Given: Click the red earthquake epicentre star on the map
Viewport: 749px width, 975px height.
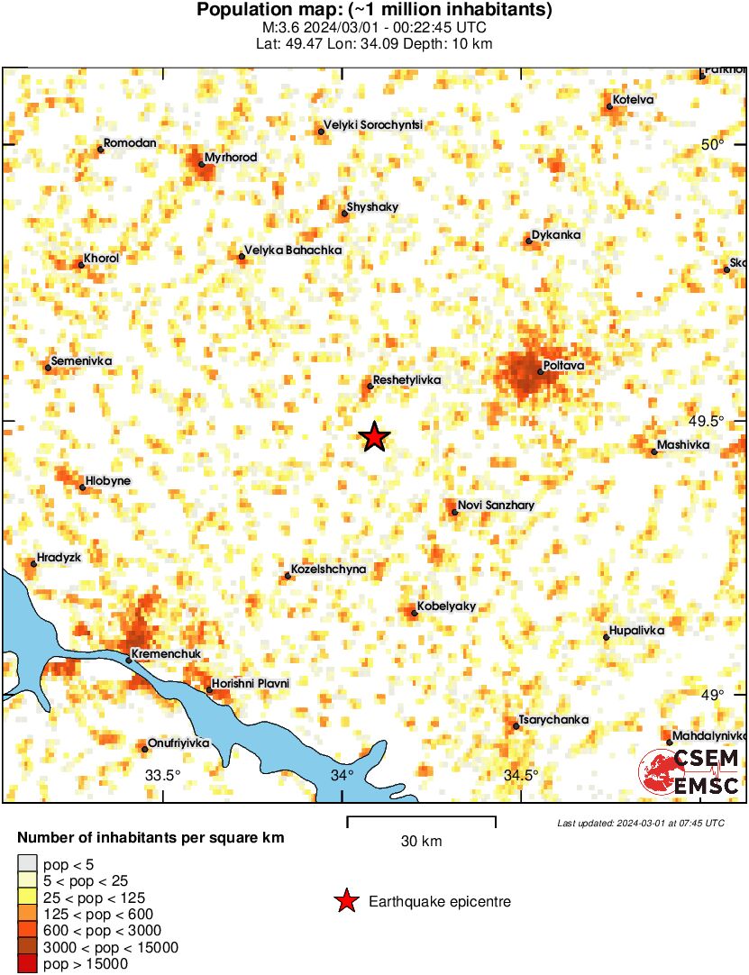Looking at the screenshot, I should (374, 437).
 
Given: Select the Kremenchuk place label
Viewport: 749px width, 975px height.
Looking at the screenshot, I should (166, 653).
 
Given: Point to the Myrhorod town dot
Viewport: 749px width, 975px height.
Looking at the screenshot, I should (202, 164).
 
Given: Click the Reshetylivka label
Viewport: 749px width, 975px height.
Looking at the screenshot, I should (406, 380).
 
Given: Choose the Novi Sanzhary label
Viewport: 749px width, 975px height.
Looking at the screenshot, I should (496, 506).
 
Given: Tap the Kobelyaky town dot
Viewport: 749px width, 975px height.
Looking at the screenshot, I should (415, 613).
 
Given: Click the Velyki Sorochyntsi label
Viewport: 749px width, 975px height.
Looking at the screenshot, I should (373, 125).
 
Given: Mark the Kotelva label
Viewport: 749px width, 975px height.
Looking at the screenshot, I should (633, 99).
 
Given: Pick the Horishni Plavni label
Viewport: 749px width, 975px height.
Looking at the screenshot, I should (251, 684).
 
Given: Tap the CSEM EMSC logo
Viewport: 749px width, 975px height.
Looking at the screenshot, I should (690, 772).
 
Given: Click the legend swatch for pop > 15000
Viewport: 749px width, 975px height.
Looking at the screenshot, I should (27, 964).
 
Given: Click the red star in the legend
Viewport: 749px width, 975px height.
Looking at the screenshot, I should (344, 901).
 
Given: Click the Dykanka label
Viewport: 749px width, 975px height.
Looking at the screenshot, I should (556, 235).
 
